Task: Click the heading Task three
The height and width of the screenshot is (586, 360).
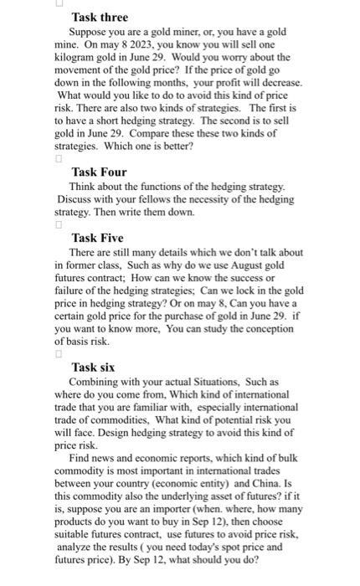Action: click(100, 17)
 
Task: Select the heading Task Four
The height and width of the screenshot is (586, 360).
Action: click(99, 172)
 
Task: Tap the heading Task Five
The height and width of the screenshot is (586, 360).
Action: click(97, 238)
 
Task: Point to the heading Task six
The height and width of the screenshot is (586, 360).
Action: click(94, 367)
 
